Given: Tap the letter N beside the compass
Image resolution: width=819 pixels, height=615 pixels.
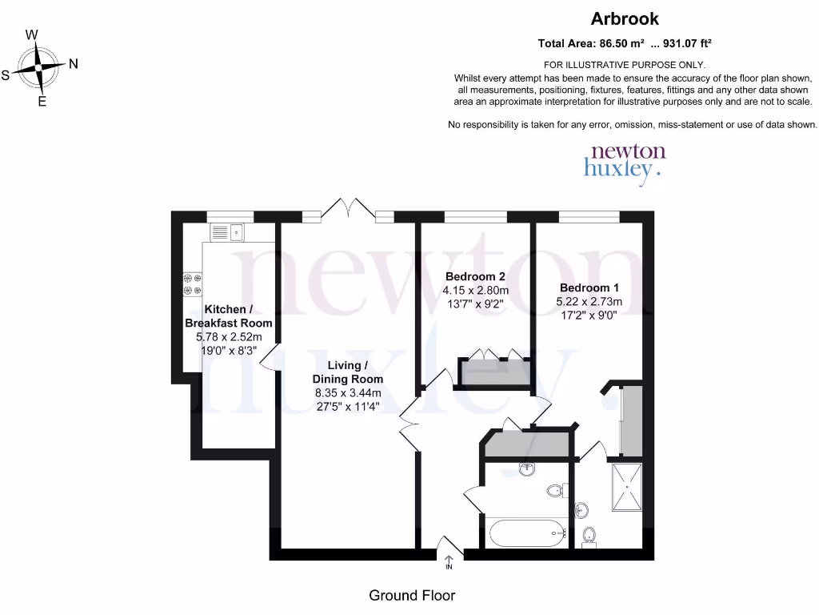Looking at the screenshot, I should point(74,64).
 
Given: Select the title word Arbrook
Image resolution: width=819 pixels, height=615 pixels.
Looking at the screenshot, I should point(625,18).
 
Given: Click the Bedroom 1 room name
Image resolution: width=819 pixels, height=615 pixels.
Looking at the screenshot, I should point(589,287).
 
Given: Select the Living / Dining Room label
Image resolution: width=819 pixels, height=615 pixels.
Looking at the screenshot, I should point(348,372).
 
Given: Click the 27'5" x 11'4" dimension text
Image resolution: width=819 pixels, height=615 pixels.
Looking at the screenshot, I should point(347,406).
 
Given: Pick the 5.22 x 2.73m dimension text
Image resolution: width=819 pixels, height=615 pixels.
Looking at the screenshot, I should point(589,302).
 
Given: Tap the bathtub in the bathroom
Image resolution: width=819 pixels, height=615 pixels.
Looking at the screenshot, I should point(526,533).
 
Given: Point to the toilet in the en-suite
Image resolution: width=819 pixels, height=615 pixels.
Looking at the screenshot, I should point(589,536).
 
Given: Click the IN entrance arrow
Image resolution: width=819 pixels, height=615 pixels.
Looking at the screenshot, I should point(449,561).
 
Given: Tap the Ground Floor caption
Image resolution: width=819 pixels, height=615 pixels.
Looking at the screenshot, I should point(412,595).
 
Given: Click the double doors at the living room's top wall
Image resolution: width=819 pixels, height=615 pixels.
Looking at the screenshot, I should point(348,210).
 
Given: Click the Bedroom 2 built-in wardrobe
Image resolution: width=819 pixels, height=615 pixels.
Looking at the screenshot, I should point(493,372).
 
